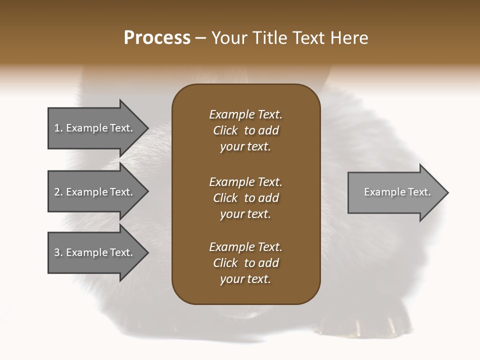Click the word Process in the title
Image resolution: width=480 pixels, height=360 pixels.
tap(157, 38)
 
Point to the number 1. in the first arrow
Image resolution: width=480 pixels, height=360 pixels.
tap(58, 128)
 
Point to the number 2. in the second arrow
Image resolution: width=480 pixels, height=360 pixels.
tap(58, 192)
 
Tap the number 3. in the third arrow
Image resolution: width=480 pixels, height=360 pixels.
tap(58, 252)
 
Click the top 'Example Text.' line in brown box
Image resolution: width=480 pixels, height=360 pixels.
tap(245, 114)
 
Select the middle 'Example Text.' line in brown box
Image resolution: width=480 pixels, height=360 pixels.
tap(245, 181)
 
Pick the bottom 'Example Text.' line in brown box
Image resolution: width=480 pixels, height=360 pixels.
tap(245, 247)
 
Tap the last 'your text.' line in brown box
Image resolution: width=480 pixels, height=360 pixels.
tap(245, 279)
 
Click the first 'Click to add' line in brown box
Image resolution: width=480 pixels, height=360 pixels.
tap(245, 130)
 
